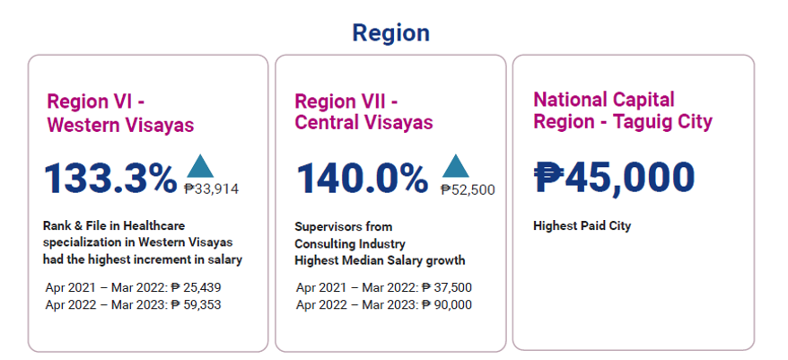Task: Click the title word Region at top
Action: pyautogui.click(x=390, y=33)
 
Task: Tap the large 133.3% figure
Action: pyautogui.click(x=110, y=178)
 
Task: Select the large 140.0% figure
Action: pyautogui.click(x=363, y=178)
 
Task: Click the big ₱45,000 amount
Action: pyautogui.click(x=614, y=177)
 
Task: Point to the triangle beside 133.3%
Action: pyautogui.click(x=200, y=165)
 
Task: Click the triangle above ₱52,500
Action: pyautogui.click(x=456, y=165)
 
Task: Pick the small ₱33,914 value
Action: pyautogui.click(x=212, y=189)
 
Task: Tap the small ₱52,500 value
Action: pyautogui.click(x=467, y=189)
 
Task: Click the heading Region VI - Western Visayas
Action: pyautogui.click(x=120, y=113)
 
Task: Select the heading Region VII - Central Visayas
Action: pyautogui.click(x=363, y=111)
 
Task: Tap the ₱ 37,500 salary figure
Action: pyautogui.click(x=447, y=287)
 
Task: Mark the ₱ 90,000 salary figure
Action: pyautogui.click(x=447, y=304)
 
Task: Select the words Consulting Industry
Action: pyautogui.click(x=351, y=243)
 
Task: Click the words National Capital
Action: pyautogui.click(x=604, y=99)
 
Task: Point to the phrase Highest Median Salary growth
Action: pyautogui.click(x=381, y=260)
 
